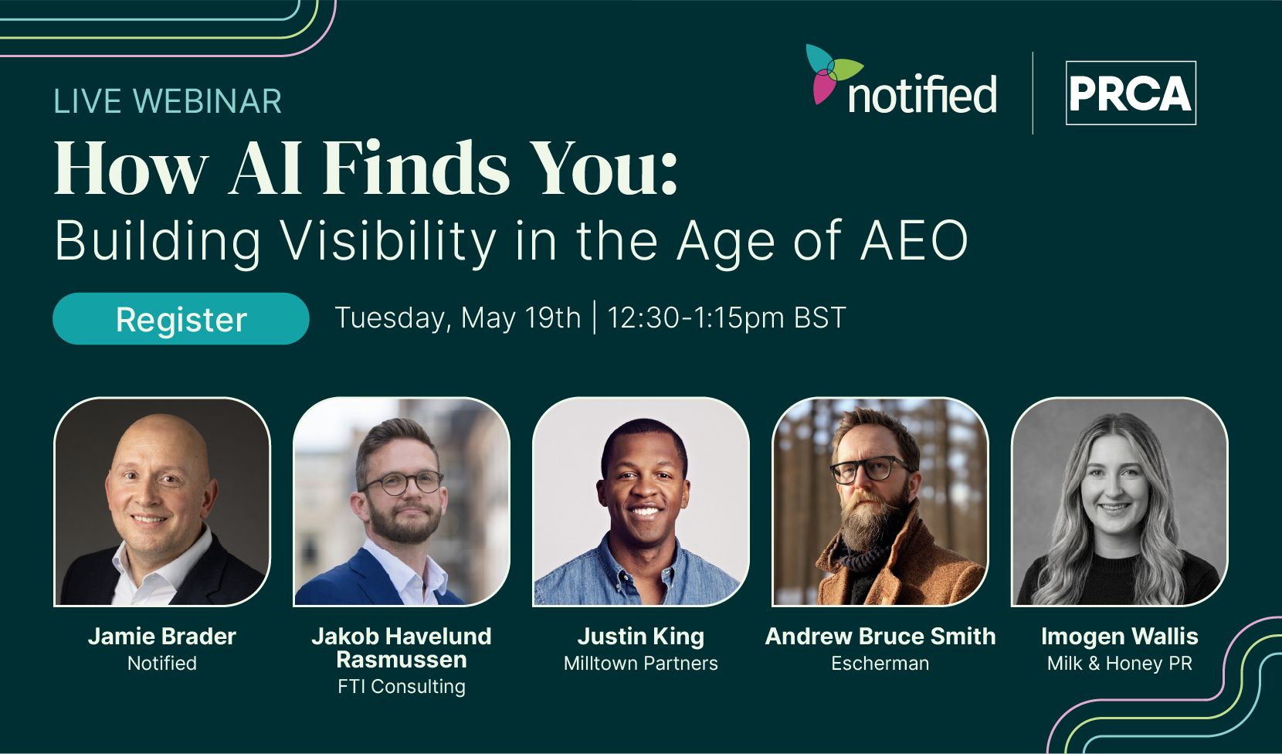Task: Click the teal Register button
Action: pos(181,318)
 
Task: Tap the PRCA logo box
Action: pos(1131,93)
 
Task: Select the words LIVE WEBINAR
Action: pos(167,100)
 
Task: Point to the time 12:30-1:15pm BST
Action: pos(726,318)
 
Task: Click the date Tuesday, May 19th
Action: pos(458,318)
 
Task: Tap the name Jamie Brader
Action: pos(162,636)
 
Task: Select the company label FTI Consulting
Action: pos(402,686)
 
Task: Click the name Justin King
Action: pos(640,636)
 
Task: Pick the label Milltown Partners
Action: pos(640,663)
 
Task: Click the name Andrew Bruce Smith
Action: pos(880,636)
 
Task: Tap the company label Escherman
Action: pos(880,663)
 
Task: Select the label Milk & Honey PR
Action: pos(1120,663)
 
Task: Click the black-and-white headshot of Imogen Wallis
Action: pos(1120,501)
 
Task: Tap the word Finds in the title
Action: pos(416,168)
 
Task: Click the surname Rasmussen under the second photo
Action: pos(402,660)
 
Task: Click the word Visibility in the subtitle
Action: pos(389,242)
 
